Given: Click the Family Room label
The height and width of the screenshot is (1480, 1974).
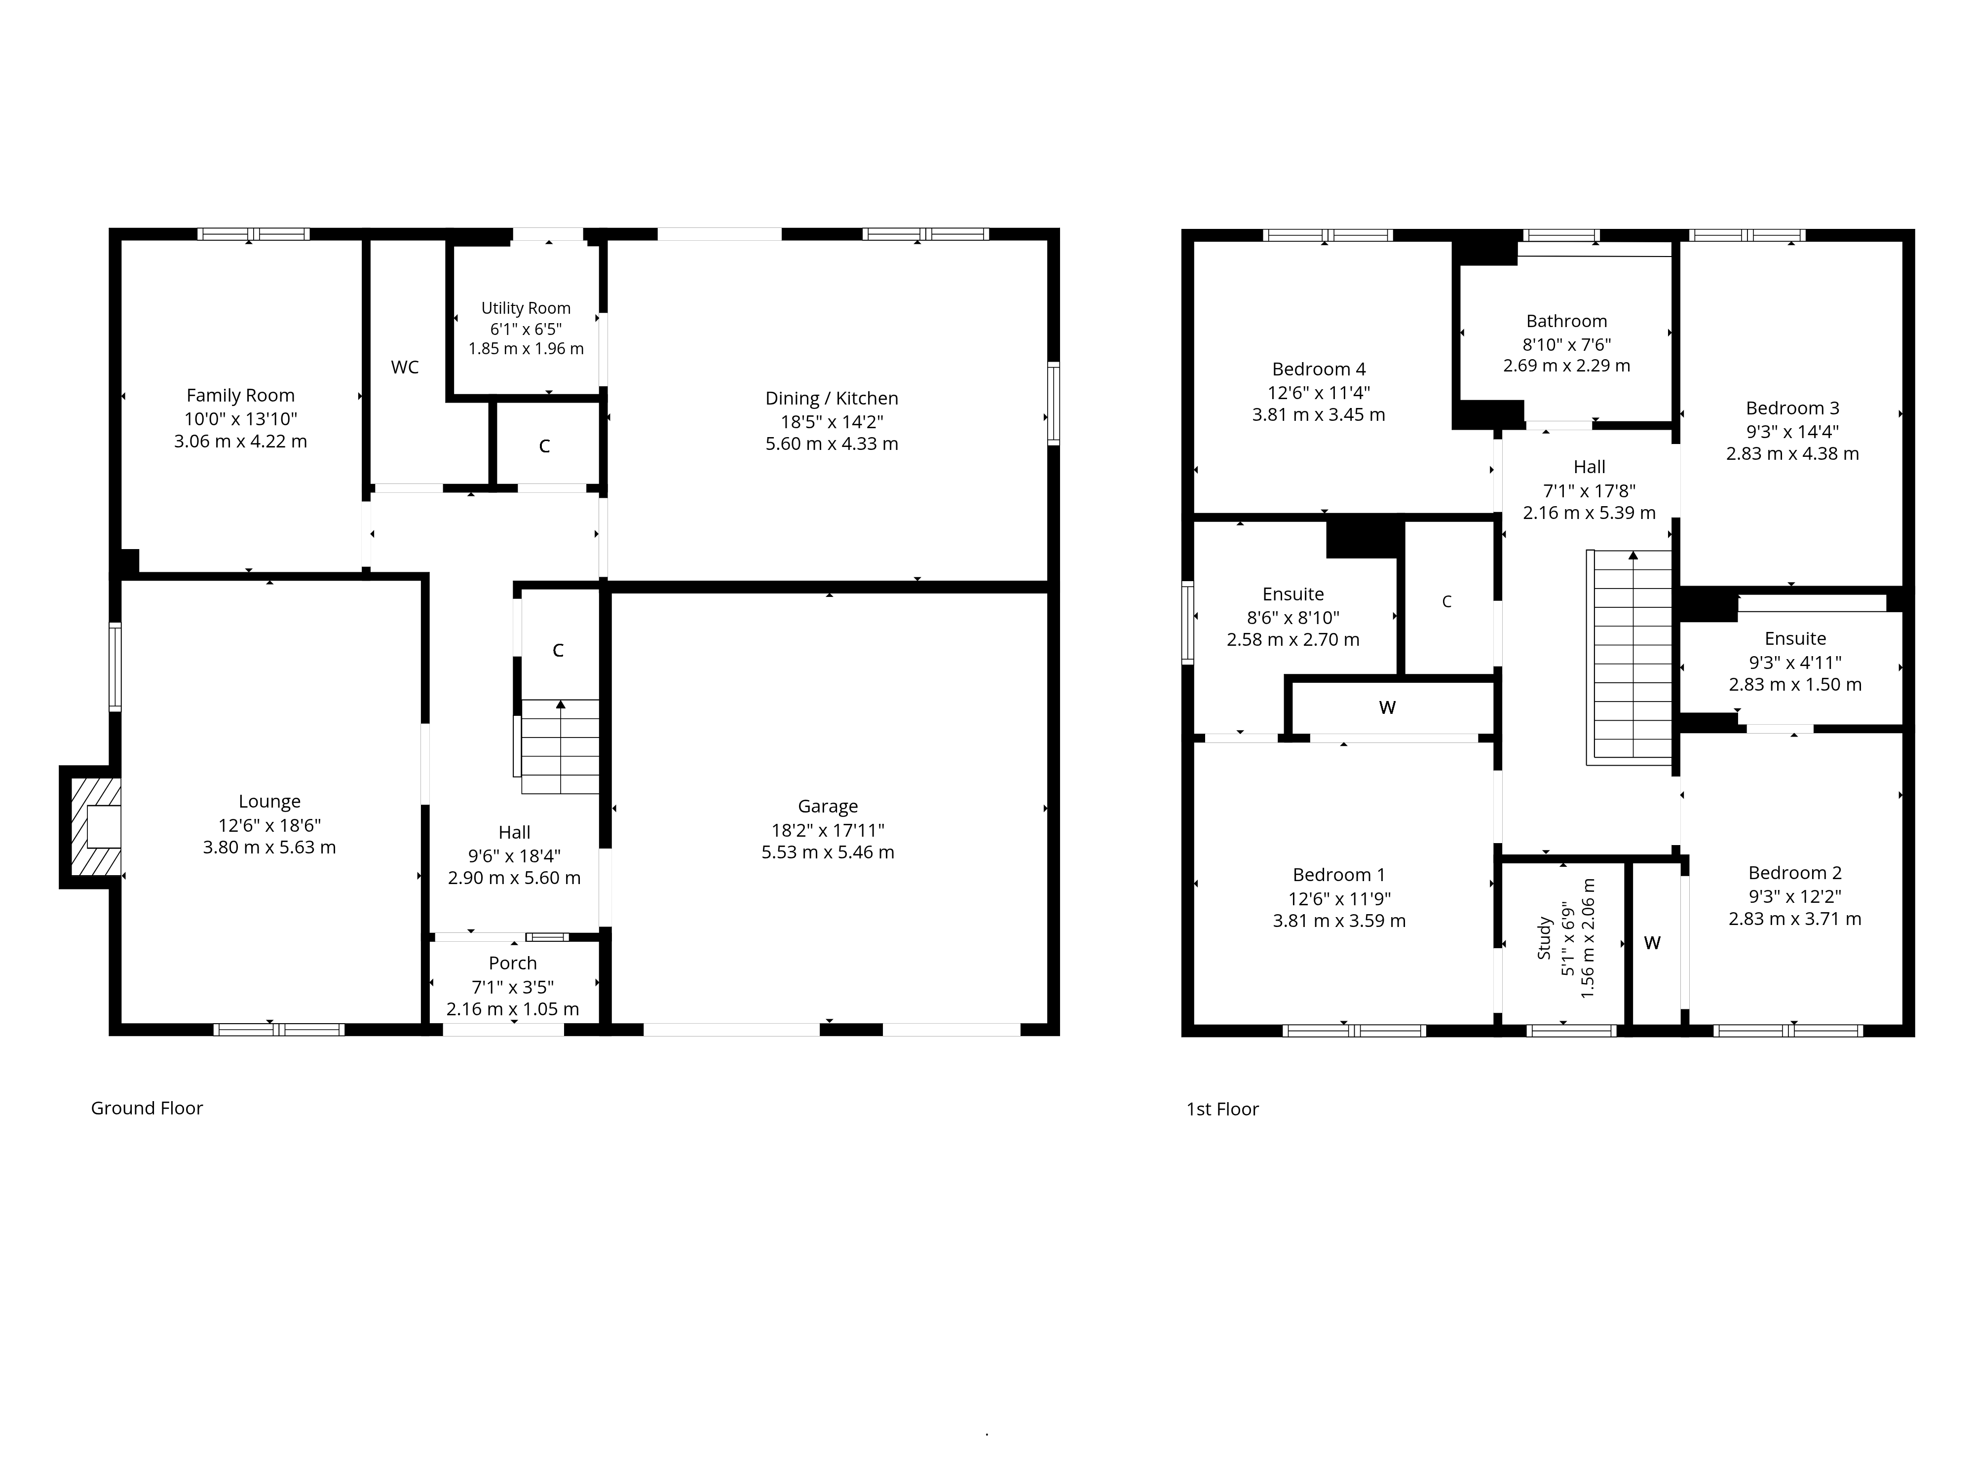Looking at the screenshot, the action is pos(240,395).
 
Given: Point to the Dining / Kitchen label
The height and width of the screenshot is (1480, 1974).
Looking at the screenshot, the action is pos(832,399).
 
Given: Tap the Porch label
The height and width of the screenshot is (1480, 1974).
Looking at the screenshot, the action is pos(513,963).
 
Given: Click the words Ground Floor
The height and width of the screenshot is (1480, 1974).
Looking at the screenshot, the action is pos(147,1108).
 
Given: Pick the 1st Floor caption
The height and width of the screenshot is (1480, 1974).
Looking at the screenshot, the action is pos(1222,1109).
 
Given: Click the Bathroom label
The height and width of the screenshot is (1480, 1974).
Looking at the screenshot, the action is pos(1566,321).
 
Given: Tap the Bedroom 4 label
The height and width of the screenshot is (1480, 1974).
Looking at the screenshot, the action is pos(1319,370).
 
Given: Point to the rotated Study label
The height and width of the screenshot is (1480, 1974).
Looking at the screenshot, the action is pos(1545,938).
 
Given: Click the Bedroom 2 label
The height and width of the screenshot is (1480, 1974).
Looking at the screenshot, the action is pos(1795,873).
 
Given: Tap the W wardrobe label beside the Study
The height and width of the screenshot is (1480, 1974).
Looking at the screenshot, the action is pos(1652,943).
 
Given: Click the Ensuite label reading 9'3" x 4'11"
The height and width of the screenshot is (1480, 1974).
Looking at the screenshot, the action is pos(1795,662).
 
